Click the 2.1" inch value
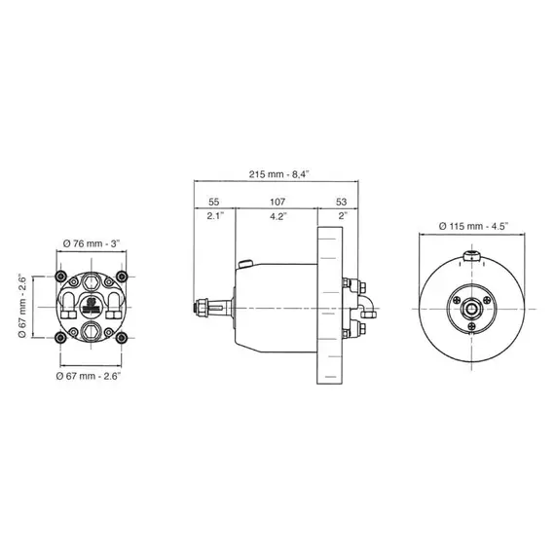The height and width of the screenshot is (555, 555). tap(215, 216)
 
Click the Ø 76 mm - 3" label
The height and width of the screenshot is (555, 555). tap(90, 242)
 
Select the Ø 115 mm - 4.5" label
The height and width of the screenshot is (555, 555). tap(474, 226)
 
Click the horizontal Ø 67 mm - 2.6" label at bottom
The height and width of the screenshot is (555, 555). tap(90, 375)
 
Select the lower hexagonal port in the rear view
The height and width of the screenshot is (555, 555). tap(91, 332)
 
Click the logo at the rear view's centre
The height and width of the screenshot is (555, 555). tap(91, 305)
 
